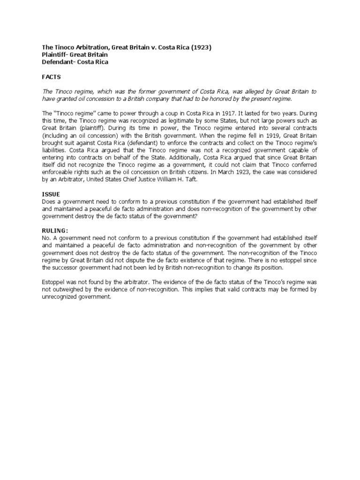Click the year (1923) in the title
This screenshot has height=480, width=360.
coord(201,47)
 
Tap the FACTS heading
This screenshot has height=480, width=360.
coord(51,77)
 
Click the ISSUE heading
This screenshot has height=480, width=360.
coord(51,193)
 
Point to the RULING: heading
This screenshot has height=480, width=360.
coord(55,230)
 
